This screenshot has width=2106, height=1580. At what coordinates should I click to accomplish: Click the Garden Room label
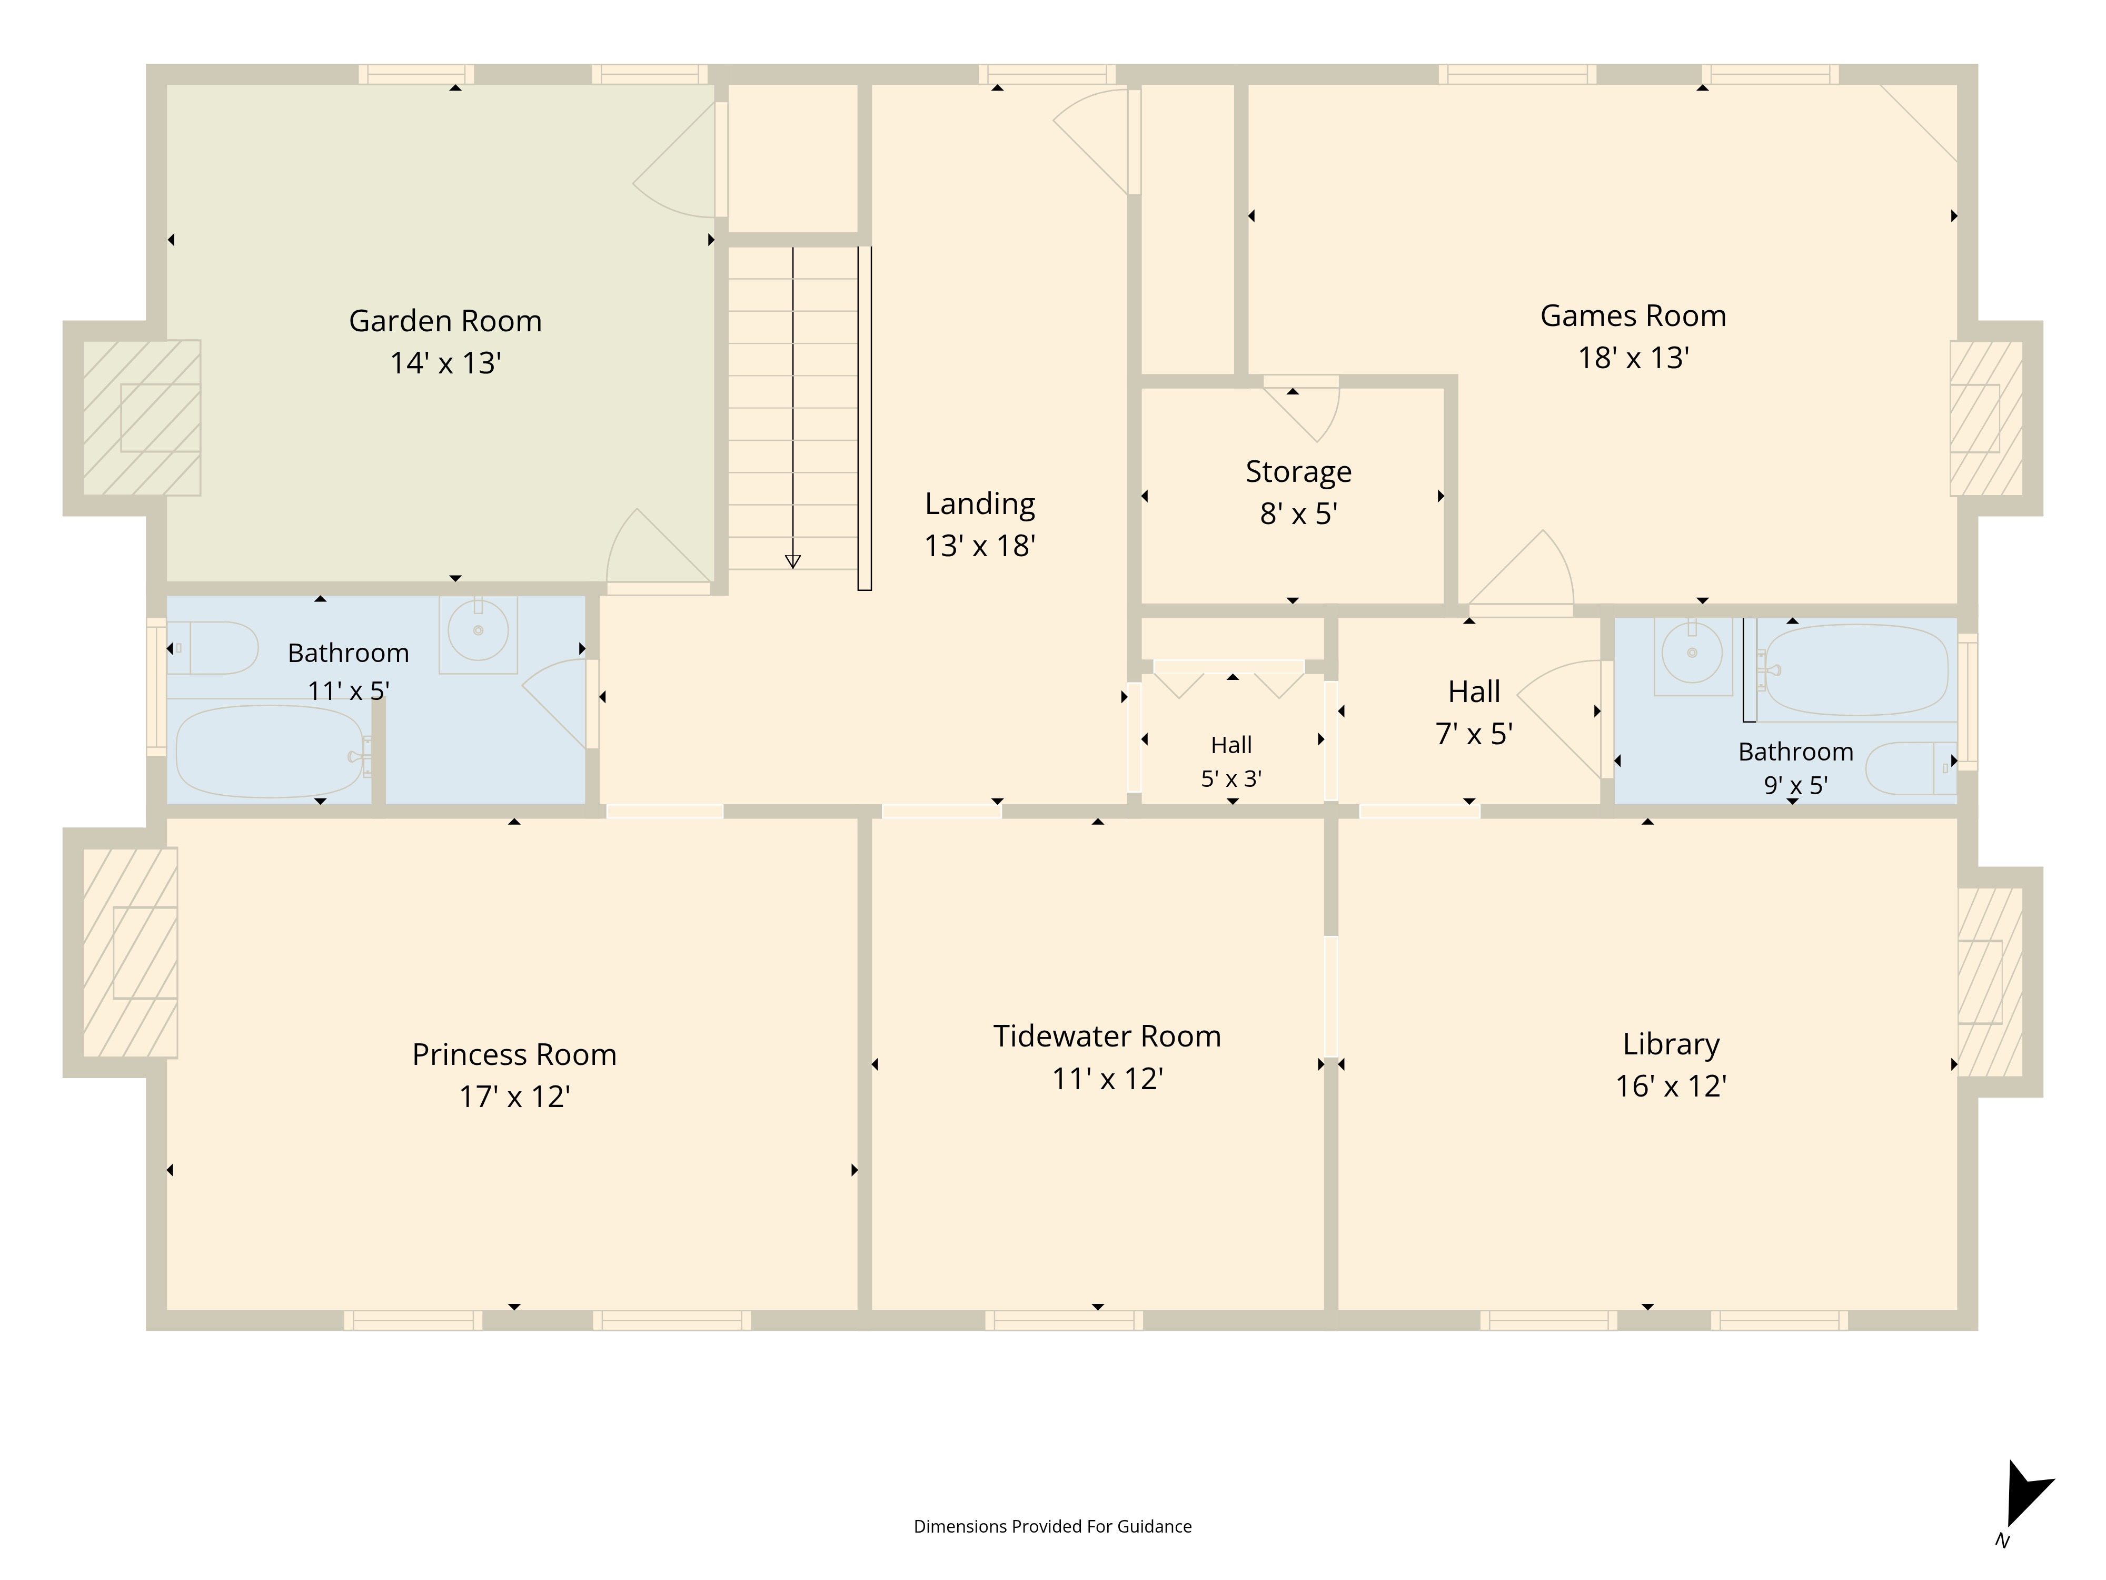(x=445, y=321)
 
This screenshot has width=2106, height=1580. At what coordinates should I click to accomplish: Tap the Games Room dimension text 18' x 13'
(x=1634, y=358)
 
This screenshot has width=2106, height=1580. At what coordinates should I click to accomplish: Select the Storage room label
(x=1299, y=471)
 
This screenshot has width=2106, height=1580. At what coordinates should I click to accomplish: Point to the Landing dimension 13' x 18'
(x=980, y=546)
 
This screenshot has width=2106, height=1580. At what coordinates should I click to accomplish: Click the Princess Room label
(x=514, y=1054)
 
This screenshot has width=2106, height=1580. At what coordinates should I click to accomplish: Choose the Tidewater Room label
(x=1107, y=1036)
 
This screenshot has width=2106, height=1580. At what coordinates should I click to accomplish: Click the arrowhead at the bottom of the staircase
(x=792, y=562)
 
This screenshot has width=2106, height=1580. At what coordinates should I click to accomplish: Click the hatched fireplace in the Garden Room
(x=142, y=418)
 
